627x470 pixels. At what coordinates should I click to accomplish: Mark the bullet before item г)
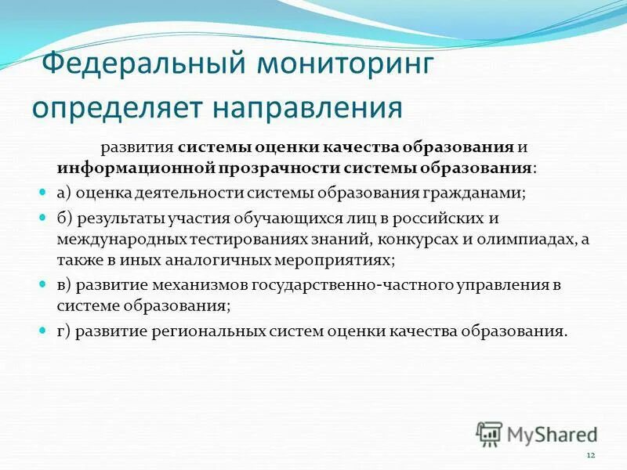coord(44,331)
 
